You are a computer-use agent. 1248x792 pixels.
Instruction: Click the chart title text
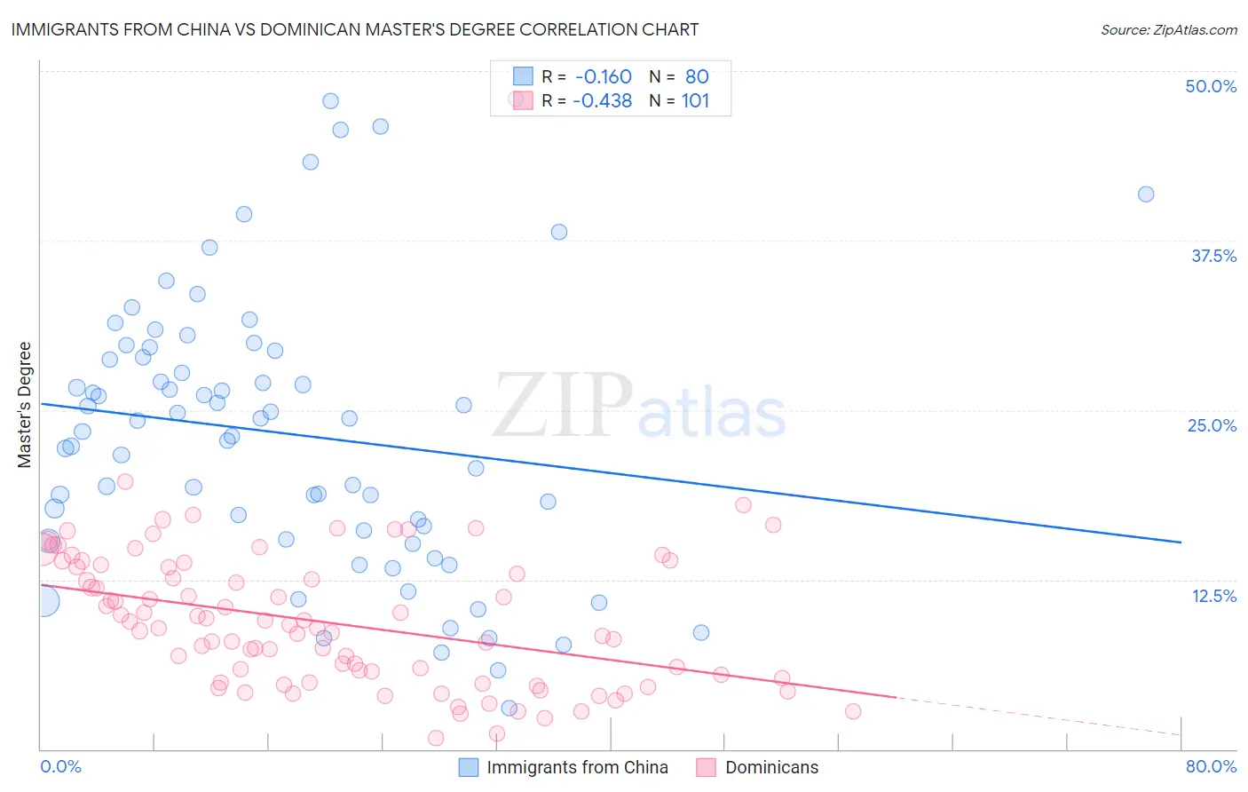click(x=354, y=29)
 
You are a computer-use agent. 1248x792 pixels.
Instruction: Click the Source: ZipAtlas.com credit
click(x=1168, y=29)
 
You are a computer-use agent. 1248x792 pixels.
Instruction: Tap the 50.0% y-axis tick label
click(x=1211, y=86)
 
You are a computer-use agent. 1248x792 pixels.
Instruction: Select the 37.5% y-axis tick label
click(x=1213, y=256)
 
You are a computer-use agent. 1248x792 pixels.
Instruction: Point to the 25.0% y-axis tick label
click(x=1212, y=425)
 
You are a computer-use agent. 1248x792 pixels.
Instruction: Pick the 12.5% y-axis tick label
click(x=1213, y=596)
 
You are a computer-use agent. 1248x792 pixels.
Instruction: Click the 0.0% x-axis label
click(x=60, y=766)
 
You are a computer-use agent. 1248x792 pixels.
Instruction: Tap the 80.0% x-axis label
click(x=1211, y=766)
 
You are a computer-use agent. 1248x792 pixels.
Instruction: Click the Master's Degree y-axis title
click(x=25, y=405)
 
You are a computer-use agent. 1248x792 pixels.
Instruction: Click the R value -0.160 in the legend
click(x=603, y=77)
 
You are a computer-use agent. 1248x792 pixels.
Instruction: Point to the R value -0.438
click(x=602, y=101)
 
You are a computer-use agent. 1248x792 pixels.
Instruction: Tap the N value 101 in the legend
click(x=695, y=101)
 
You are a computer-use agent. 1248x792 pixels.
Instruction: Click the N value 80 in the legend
click(x=697, y=77)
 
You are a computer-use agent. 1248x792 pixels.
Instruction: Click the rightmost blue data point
click(x=1146, y=194)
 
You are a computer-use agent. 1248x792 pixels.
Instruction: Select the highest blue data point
click(x=330, y=101)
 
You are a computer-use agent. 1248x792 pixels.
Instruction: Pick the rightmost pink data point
click(x=853, y=711)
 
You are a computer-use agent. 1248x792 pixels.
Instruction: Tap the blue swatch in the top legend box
click(x=523, y=76)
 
